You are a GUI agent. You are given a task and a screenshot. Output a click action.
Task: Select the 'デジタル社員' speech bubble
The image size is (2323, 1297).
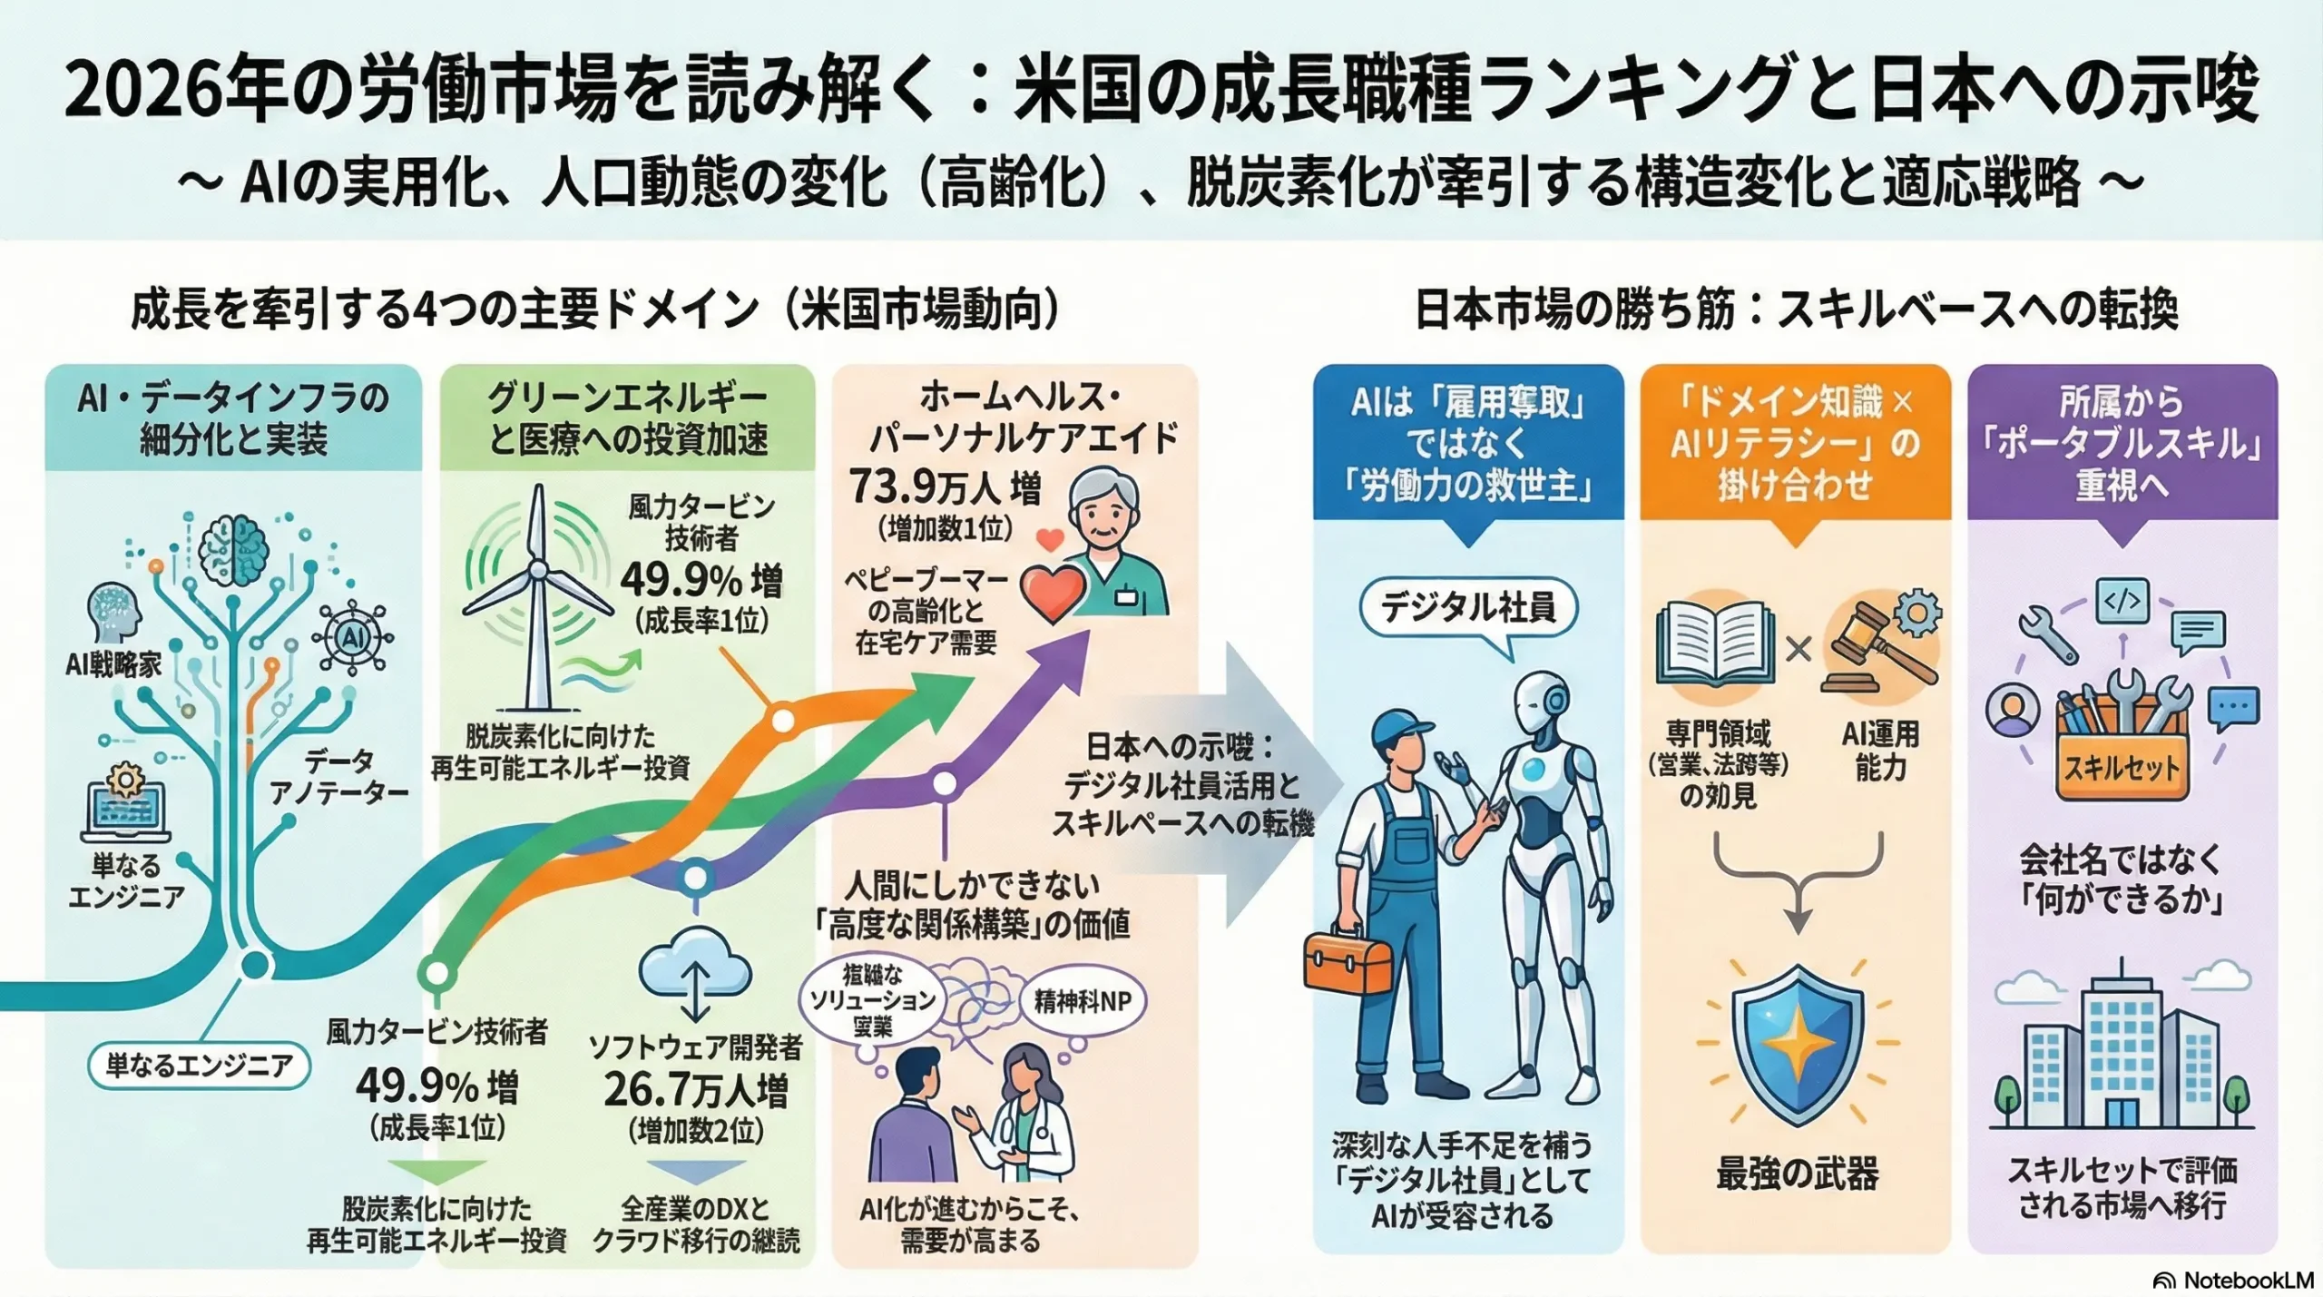pyautogui.click(x=1468, y=608)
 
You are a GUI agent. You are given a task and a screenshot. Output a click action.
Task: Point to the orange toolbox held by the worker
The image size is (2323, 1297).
pyautogui.click(x=1347, y=962)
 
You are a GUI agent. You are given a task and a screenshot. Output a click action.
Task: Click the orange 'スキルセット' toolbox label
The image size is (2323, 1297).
pyautogui.click(x=2121, y=769)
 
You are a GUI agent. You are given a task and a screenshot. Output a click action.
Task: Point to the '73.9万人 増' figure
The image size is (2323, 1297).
pyautogui.click(x=945, y=489)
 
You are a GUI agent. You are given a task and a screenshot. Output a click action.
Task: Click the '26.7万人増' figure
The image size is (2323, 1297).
pyautogui.click(x=696, y=1089)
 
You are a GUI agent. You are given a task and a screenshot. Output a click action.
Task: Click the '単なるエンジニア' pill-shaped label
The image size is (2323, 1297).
pyautogui.click(x=199, y=1066)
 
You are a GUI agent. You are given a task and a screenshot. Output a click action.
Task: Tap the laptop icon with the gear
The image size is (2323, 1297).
pyautogui.click(x=125, y=803)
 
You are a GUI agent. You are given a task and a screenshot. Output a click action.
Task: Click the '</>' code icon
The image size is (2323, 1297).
pyautogui.click(x=2122, y=601)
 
